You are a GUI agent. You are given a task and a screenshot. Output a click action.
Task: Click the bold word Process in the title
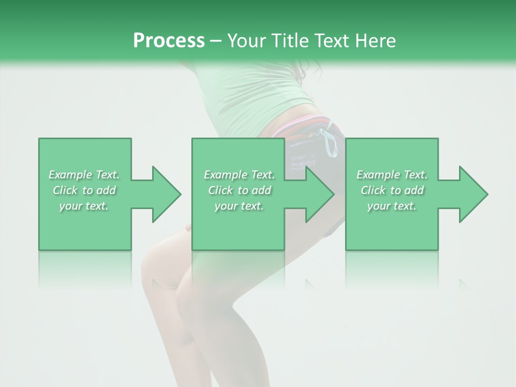169,41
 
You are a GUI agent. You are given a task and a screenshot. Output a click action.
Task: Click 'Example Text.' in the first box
84,175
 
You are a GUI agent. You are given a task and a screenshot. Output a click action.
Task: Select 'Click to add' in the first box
84,190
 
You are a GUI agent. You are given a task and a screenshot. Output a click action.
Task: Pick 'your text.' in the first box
84,206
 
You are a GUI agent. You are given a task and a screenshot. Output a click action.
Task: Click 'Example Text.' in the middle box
239,175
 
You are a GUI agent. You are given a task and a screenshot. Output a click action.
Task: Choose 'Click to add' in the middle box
239,190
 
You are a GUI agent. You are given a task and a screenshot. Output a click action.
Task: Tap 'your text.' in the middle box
239,206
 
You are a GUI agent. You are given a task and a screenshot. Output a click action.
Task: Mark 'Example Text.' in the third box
392,175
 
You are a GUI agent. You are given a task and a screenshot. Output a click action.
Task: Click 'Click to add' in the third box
392,190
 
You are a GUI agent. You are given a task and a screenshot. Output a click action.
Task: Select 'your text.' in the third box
392,206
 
